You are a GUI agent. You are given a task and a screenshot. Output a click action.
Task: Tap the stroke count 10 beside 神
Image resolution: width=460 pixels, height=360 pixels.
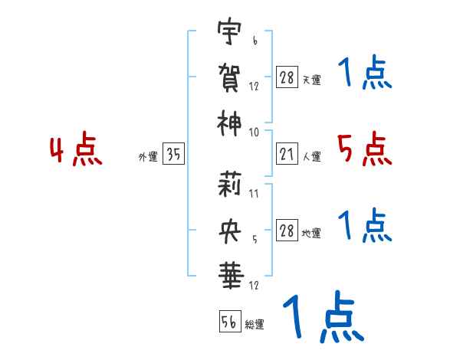click(x=254, y=132)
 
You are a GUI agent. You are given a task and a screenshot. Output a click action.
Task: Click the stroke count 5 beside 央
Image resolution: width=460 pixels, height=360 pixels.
click(x=254, y=238)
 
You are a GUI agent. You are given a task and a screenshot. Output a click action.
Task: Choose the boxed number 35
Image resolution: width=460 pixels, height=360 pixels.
click(x=173, y=155)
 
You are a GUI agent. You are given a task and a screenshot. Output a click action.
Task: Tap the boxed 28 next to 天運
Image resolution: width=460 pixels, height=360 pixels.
click(x=287, y=78)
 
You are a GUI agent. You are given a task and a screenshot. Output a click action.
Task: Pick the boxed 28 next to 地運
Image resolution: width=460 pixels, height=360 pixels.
click(x=287, y=232)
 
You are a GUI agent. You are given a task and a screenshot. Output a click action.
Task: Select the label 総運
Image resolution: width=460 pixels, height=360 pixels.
click(x=255, y=325)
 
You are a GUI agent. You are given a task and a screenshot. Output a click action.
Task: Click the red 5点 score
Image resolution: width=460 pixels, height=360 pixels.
click(x=365, y=149)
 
